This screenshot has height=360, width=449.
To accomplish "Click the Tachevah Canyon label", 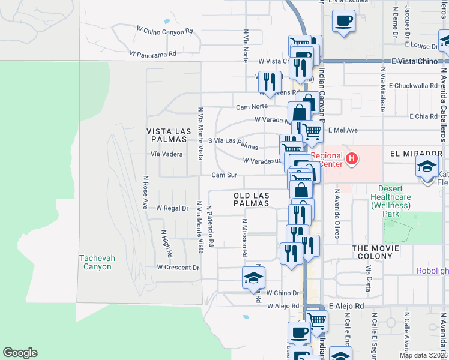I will click(x=95, y=262).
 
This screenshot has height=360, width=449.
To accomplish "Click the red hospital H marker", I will click(x=352, y=158).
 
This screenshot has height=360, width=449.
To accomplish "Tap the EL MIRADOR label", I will click(x=412, y=154).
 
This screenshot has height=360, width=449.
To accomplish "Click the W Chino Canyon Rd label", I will click(x=164, y=30).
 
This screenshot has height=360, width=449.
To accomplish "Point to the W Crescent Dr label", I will click(x=178, y=267).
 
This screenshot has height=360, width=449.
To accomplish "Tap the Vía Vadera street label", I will click(x=166, y=154).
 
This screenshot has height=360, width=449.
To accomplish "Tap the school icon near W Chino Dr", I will click(x=253, y=277).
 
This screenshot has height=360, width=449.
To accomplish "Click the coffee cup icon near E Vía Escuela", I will click(x=343, y=21).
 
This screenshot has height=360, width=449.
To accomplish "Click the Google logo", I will click(x=20, y=353).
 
